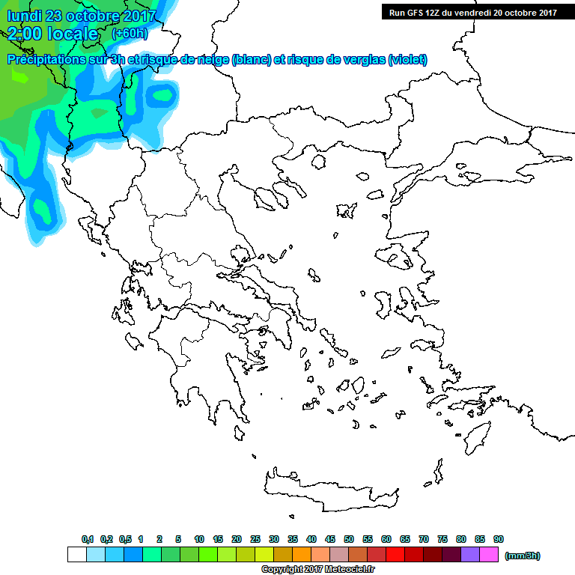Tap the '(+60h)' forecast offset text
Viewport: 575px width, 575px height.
(130, 34)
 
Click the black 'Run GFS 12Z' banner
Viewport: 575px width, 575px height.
(472, 12)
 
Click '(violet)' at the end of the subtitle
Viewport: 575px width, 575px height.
(407, 60)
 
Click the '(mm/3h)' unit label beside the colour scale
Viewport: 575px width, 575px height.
(522, 556)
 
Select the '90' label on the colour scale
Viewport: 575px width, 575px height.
(499, 539)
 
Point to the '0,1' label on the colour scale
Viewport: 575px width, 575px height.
(87, 539)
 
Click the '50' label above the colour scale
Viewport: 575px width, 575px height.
(349, 539)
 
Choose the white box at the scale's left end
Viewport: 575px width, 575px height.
(76, 555)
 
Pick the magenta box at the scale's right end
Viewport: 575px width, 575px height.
(489, 555)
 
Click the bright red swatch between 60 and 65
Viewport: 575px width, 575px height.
(395, 555)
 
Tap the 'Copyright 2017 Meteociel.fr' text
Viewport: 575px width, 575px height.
(317, 570)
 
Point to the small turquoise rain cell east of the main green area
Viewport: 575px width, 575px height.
(161, 94)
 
